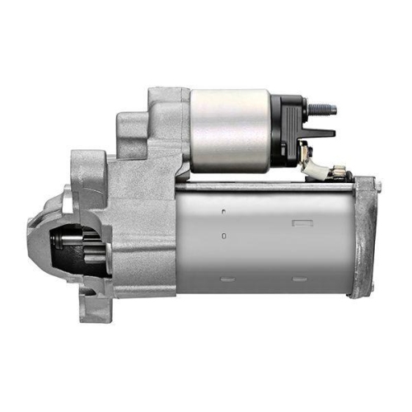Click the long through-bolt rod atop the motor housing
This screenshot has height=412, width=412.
(264, 183)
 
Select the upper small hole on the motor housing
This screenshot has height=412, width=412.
(223, 212)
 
